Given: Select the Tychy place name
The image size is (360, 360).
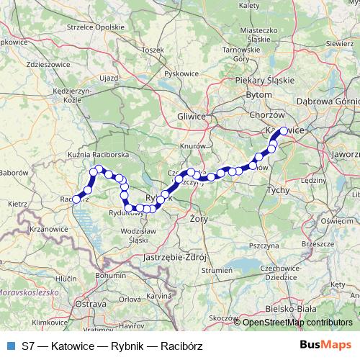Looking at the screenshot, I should [x=277, y=189].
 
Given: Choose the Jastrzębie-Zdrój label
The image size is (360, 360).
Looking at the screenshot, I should [x=176, y=256].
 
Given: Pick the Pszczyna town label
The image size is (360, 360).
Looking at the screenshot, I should [x=264, y=246].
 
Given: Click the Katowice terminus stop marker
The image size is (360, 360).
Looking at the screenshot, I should [x=284, y=131].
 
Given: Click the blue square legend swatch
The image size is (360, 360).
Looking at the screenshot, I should [x=11, y=346].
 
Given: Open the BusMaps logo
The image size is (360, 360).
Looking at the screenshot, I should [x=325, y=346].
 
